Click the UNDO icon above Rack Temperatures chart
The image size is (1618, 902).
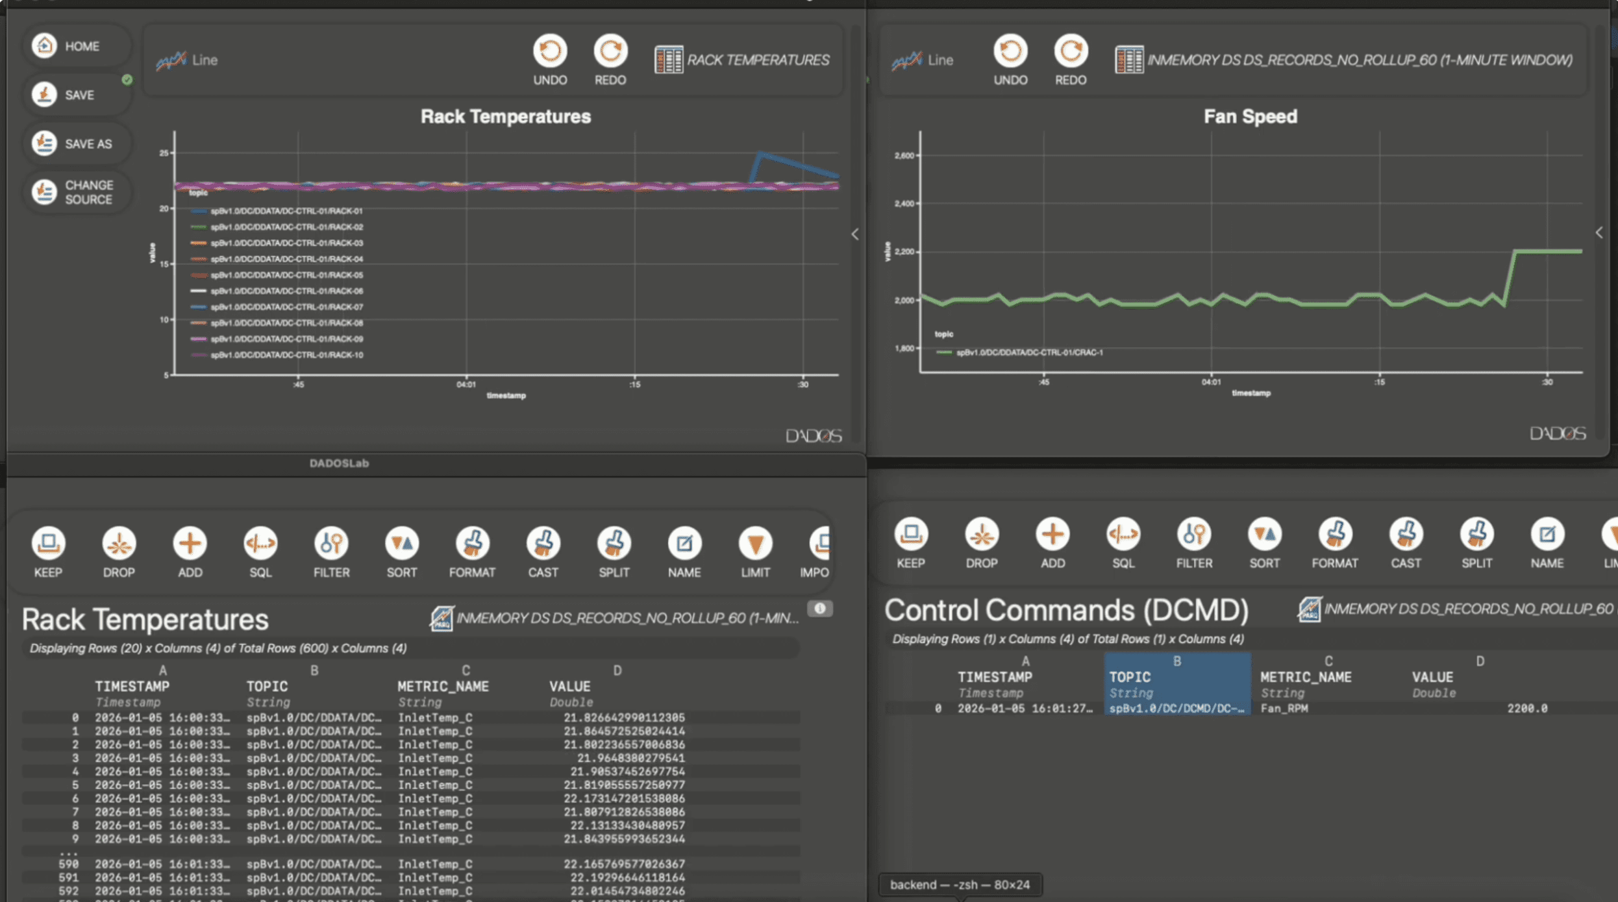pos(549,51)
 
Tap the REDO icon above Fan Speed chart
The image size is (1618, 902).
pos(1070,51)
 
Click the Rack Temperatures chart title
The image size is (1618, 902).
pos(505,117)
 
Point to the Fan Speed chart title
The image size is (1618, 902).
pos(1250,117)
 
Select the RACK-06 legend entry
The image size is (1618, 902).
pos(286,291)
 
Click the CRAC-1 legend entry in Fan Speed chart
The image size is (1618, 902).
pos(1028,352)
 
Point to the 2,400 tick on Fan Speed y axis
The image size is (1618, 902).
pos(904,204)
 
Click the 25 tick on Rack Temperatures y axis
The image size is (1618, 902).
pos(164,153)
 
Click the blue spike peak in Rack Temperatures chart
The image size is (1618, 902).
pos(760,154)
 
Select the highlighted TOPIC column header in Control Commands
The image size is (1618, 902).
pos(1176,677)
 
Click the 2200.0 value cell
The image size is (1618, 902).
pos(1526,709)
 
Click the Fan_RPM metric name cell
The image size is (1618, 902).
pos(1284,709)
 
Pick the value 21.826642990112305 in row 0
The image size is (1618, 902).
pos(623,718)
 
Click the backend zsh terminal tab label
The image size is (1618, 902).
pos(959,884)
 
